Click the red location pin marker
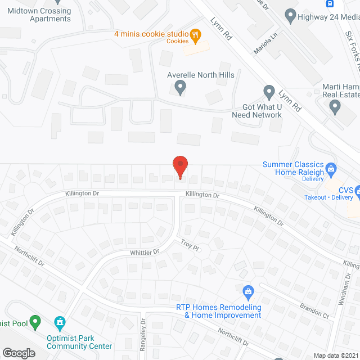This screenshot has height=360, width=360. (x=180, y=166)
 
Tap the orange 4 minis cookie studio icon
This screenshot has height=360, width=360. (x=195, y=35)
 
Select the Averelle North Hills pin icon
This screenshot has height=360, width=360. (x=180, y=87)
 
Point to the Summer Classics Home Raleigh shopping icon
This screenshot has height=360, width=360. (x=332, y=168)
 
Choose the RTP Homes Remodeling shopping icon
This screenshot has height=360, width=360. (x=247, y=291)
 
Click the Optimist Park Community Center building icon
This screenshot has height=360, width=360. (x=59, y=322)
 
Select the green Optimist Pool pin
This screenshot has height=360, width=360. (x=35, y=322)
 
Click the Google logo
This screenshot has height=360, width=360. (x=18, y=353)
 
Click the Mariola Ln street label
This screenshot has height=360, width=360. (x=267, y=43)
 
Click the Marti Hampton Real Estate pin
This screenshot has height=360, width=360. (x=335, y=106)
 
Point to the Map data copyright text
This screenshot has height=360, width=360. (x=336, y=355)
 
